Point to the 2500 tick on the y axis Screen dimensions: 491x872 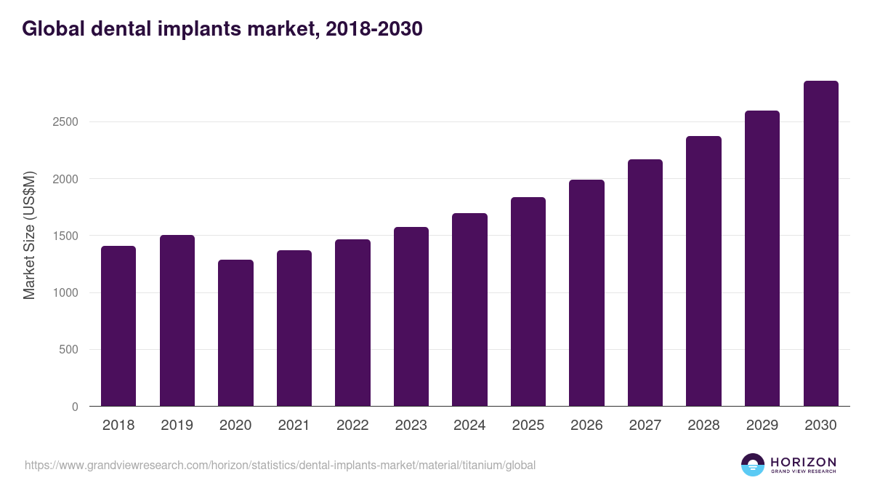[65, 122]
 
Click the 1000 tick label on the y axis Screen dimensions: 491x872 [65, 293]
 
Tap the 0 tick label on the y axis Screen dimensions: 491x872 [75, 407]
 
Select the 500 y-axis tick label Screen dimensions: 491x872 [68, 350]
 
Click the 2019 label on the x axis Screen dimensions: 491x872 [177, 426]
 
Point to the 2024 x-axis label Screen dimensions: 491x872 [469, 426]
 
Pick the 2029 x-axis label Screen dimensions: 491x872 [762, 426]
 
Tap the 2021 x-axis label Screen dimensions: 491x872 [294, 426]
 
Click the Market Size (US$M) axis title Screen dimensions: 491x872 [29, 235]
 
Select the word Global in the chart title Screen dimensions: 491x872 [54, 29]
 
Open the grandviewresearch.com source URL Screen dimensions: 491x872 [280, 465]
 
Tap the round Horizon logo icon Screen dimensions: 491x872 [753, 465]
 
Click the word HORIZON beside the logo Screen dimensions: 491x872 [804, 461]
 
